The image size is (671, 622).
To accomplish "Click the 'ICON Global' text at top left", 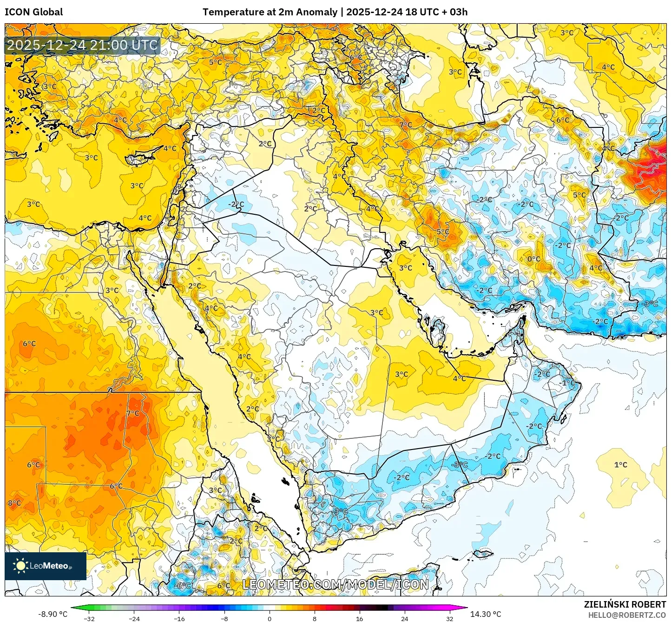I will (33, 12).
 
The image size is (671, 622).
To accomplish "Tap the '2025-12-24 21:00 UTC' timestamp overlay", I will (82, 45).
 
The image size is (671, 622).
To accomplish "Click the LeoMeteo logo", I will (45, 566).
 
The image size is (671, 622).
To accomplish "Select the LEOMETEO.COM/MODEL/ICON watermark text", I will (335, 584).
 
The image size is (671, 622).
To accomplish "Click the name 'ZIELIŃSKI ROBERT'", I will (625, 604).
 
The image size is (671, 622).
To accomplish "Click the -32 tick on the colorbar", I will (89, 618).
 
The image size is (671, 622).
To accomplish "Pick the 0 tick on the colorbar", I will (270, 618).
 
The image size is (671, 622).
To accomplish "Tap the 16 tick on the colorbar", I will (359, 618).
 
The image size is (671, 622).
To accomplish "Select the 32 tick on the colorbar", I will (449, 618).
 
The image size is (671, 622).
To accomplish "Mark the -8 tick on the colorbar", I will (224, 618).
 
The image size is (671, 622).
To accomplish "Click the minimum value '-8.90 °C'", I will (53, 614).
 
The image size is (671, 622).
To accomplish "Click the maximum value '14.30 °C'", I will (486, 614).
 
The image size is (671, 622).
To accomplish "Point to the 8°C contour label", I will (14, 503).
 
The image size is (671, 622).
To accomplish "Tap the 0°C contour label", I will (534, 259).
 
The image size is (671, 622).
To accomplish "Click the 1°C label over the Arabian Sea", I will (620, 465).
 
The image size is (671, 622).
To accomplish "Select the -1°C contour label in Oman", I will (568, 383).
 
